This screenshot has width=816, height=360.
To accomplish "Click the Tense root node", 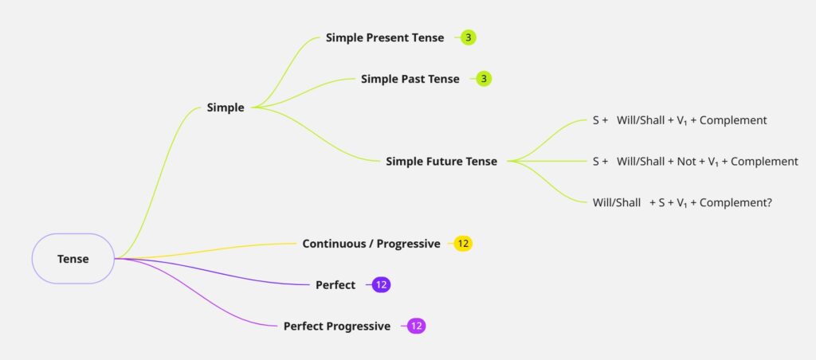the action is [73, 259].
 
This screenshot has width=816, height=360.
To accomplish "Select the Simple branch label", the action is [226, 108].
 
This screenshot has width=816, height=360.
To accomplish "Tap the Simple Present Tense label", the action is [385, 37].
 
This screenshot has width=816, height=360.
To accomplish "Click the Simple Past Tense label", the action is [410, 79].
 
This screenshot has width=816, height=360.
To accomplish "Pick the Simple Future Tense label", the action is [441, 161].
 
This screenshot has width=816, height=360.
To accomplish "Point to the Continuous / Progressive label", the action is [371, 244].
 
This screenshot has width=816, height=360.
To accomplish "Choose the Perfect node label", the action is [335, 285].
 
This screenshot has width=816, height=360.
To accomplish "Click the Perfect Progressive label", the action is [337, 327].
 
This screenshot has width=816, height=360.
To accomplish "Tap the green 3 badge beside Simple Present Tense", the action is [469, 37].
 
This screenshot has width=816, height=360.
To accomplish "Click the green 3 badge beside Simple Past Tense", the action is [484, 79].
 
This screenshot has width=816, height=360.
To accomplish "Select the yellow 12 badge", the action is [463, 244].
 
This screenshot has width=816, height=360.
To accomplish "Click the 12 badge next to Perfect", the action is [382, 285].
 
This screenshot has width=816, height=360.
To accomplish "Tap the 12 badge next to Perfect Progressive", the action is [416, 327].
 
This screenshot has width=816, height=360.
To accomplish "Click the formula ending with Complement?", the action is [682, 203].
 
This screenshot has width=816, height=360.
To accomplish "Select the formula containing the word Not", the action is [695, 161].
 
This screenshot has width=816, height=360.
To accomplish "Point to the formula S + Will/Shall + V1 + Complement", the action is [680, 120].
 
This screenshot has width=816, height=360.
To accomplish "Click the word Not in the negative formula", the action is [685, 161].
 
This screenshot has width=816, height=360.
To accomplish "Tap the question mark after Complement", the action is [769, 203].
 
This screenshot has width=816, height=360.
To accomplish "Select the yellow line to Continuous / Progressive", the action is [206, 250].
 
